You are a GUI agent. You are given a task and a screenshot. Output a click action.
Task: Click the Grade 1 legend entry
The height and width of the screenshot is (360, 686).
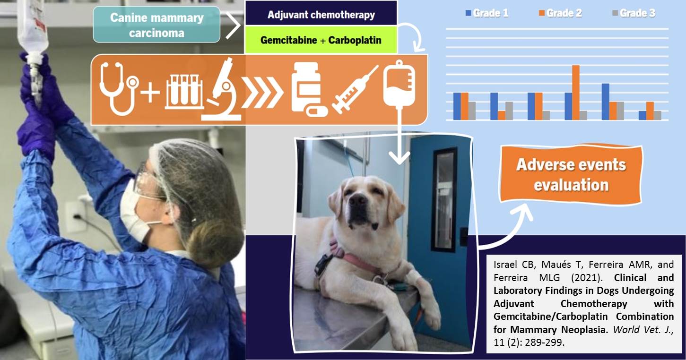[487, 13]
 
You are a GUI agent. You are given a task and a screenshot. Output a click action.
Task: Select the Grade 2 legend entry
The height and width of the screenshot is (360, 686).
[560, 13]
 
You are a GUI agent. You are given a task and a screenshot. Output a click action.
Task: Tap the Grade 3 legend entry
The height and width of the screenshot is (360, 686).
[634, 13]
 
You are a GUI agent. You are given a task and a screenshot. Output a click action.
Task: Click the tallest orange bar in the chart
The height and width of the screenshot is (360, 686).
[576, 93]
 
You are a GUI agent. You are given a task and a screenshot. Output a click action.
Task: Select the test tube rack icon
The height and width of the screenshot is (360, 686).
[184, 92]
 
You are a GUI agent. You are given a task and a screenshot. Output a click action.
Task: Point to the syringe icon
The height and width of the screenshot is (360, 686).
[355, 89]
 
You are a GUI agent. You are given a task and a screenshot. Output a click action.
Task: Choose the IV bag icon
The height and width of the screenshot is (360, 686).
[399, 84]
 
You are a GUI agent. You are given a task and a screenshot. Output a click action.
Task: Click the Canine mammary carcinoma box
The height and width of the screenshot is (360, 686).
[156, 25]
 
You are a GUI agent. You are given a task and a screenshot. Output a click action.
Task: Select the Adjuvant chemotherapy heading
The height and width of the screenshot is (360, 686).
[321, 15]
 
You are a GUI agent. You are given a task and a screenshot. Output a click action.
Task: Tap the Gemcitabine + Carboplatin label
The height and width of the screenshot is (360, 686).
[321, 40]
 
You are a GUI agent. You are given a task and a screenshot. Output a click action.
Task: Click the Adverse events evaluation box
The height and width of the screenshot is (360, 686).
[571, 174]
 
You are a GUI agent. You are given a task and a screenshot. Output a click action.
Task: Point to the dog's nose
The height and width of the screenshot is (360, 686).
[357, 200]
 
